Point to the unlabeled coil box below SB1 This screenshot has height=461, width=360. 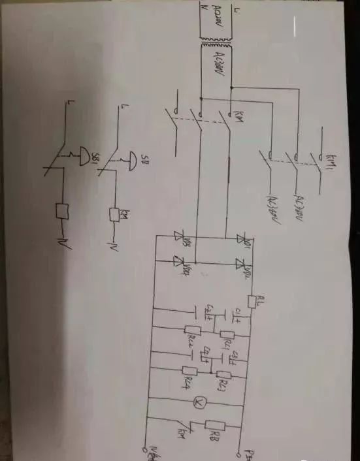63,212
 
